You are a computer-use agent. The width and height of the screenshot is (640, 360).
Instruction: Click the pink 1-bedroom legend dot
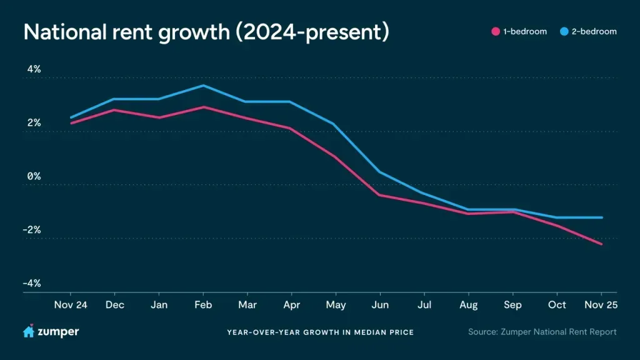(x=496, y=31)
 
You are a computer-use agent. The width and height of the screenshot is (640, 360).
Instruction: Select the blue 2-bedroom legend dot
(x=564, y=31)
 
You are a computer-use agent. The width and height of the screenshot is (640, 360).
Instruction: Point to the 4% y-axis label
(x=32, y=69)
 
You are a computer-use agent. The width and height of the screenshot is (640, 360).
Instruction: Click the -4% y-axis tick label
(x=31, y=283)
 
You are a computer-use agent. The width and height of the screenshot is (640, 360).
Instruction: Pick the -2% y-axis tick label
(x=31, y=229)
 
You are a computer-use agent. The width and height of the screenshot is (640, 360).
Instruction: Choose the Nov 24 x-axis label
(x=70, y=305)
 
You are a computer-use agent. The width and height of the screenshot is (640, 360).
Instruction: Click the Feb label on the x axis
(x=203, y=305)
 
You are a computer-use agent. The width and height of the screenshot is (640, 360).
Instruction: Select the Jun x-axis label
(x=380, y=305)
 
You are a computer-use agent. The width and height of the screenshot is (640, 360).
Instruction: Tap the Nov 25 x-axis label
(x=601, y=305)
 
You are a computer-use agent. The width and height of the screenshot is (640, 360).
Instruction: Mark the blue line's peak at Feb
(x=203, y=85)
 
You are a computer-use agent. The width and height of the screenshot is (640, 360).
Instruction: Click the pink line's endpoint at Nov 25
(x=601, y=244)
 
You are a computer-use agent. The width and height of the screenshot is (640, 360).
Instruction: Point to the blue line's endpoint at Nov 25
(x=601, y=217)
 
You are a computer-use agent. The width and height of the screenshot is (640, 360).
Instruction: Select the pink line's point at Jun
(x=380, y=195)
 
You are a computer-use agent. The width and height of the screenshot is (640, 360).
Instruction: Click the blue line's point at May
(x=336, y=124)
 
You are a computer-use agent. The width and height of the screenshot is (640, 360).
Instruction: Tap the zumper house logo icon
(x=29, y=331)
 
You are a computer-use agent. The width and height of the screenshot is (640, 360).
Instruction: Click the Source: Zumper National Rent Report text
(x=542, y=332)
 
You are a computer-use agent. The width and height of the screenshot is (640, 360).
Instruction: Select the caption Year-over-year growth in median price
(x=320, y=332)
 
